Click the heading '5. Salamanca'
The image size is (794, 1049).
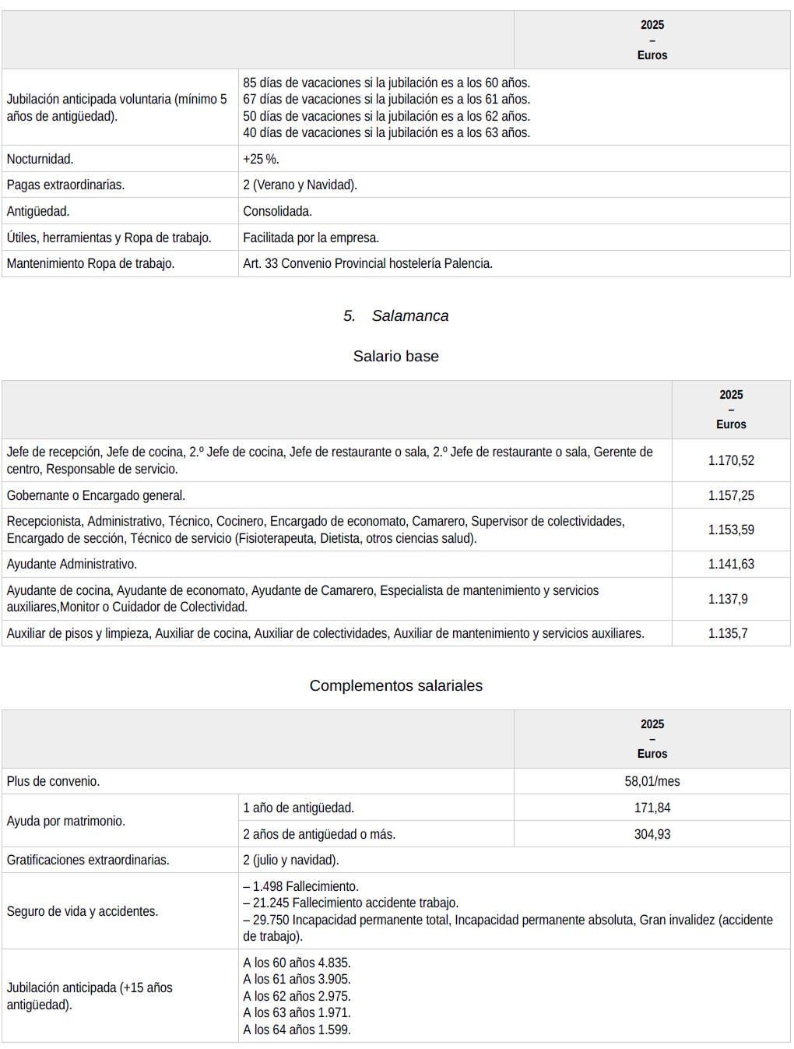tap(395, 315)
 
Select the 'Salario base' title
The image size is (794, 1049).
tap(395, 356)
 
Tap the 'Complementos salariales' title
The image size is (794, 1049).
tap(395, 685)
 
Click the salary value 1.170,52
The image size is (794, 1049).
tap(730, 460)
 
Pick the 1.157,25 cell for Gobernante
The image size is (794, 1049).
tap(730, 495)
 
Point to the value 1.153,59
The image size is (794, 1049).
tap(730, 530)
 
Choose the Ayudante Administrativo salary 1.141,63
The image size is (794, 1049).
tap(730, 564)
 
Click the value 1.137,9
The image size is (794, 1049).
tap(727, 599)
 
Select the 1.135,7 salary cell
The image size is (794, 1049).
tap(727, 633)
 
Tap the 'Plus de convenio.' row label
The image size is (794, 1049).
tap(54, 781)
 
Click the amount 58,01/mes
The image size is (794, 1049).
tap(652, 781)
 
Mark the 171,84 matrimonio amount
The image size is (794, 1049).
tap(652, 808)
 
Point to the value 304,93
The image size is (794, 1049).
tap(652, 834)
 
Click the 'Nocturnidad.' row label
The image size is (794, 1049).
tap(40, 159)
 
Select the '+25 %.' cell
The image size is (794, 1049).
tap(261, 159)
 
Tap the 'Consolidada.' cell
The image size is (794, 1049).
tap(277, 211)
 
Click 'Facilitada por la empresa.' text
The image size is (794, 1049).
tap(311, 238)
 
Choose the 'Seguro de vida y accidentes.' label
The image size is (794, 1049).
tap(83, 911)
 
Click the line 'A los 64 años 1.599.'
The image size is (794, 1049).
tap(297, 1030)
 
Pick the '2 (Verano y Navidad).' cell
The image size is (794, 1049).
tap(300, 185)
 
